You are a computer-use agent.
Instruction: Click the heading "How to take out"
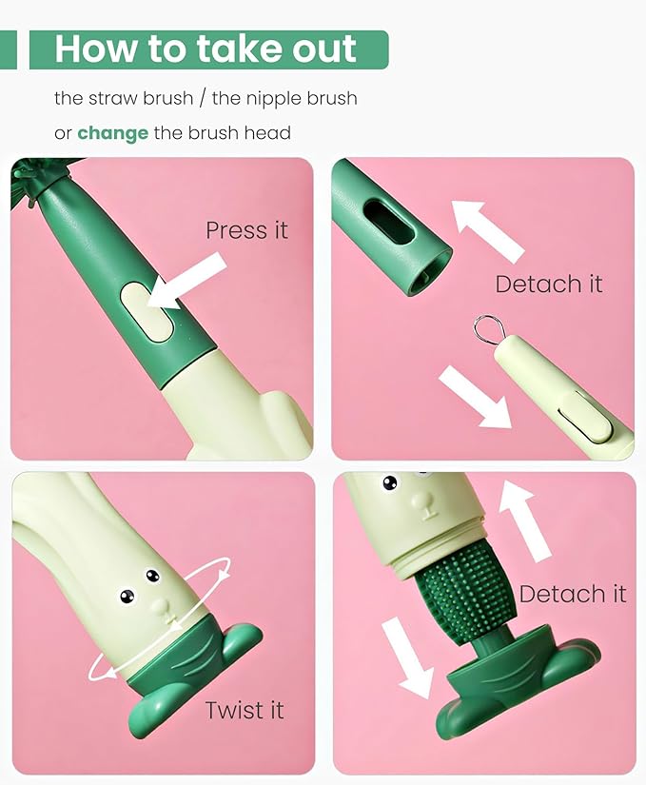[x=206, y=49]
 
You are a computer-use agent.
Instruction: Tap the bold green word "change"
[x=112, y=133]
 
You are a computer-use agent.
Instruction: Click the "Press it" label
[x=246, y=230]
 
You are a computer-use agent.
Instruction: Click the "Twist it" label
[x=245, y=710]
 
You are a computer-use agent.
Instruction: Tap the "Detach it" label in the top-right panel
[x=549, y=284]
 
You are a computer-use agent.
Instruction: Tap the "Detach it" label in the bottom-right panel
[x=573, y=595]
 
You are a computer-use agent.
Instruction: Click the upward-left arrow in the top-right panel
[x=486, y=229]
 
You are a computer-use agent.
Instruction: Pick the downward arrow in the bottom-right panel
[x=407, y=655]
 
